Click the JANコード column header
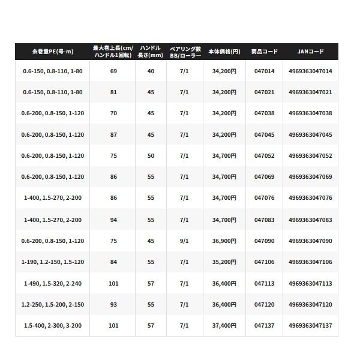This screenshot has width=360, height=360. [x=310, y=52]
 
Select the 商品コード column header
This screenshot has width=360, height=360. [x=264, y=52]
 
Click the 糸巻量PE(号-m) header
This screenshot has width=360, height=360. [x=52, y=52]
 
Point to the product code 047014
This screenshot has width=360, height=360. [x=264, y=71]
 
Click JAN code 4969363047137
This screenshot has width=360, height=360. [x=310, y=326]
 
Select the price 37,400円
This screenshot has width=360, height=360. [x=224, y=326]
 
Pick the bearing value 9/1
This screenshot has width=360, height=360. [x=184, y=241]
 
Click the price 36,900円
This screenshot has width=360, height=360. [x=224, y=241]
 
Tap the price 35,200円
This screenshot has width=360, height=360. [x=224, y=262]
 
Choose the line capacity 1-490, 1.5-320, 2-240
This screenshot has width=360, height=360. [x=52, y=283]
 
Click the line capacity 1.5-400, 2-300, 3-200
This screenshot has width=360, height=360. [x=52, y=326]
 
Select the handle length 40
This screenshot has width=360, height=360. [x=151, y=71]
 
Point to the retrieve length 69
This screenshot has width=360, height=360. [x=113, y=71]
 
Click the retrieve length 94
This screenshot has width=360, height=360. [x=113, y=220]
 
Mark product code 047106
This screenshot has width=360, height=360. [x=264, y=262]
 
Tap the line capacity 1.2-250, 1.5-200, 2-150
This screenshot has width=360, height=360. [x=52, y=305]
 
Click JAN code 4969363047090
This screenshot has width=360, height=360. [x=310, y=241]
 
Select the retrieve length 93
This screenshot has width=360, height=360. [x=113, y=305]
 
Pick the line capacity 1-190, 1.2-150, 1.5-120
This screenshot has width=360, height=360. [x=52, y=262]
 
